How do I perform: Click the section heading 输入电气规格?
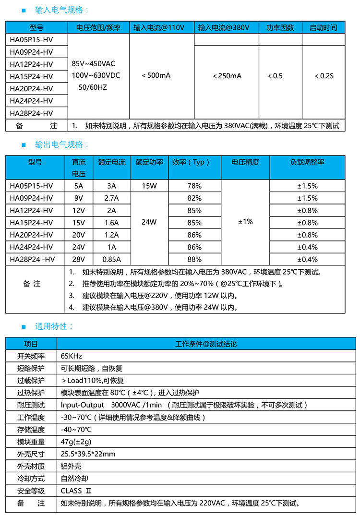62,10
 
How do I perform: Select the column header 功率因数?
280,28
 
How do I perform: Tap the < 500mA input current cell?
156,76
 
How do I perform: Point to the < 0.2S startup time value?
324,76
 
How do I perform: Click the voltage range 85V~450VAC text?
93,64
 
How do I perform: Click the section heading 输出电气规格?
62,144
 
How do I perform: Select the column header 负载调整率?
307,162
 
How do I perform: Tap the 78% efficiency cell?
194,186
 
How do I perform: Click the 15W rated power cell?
149,186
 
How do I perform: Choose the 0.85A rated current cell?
112,260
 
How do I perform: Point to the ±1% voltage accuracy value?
245,222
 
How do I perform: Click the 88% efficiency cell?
194,260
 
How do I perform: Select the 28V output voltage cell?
79,260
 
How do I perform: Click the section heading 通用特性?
54,326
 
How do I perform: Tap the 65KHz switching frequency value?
72,356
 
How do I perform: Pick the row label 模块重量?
31,442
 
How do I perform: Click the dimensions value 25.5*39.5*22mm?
88,454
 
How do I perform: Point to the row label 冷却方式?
31,479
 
